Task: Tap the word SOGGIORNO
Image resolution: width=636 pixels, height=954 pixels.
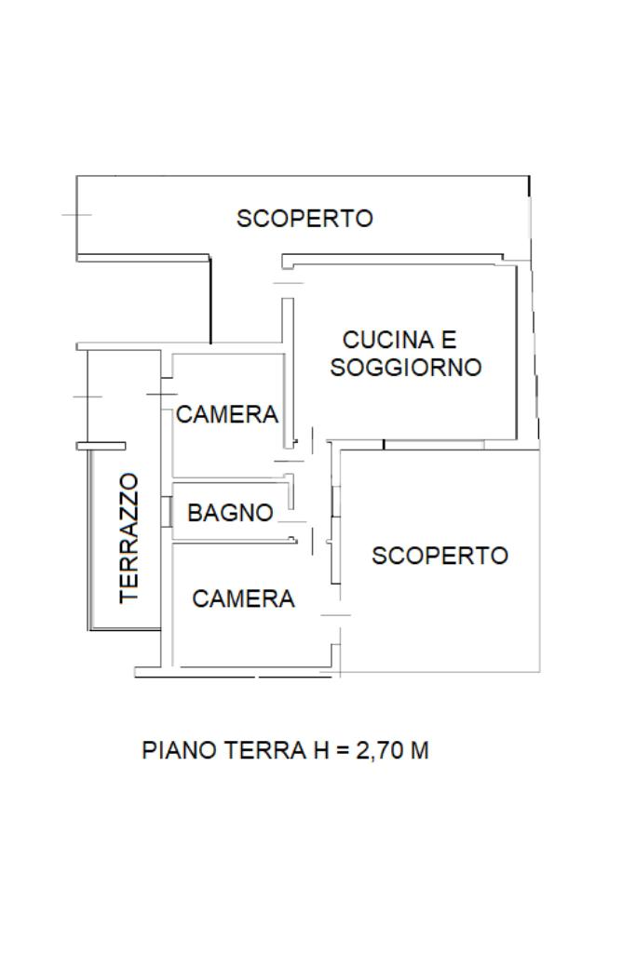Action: coord(406,368)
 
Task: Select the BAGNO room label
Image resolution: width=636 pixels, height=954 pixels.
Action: coord(230,513)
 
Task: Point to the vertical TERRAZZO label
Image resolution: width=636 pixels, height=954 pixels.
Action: coord(129,539)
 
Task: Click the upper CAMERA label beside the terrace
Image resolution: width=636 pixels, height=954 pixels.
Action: coord(227,415)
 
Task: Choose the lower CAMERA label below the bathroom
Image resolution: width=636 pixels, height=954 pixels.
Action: coord(243,599)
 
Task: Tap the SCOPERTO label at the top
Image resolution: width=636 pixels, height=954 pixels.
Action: coord(304,219)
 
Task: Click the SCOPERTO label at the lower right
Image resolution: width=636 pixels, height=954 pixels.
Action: coord(440,556)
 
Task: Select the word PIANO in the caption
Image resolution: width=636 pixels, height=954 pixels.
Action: coord(180,750)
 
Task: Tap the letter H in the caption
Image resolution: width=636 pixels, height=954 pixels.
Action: coord(321,750)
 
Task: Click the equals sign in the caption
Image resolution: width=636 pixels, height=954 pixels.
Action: coord(343,751)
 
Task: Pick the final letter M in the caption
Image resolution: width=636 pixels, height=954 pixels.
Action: coord(420,750)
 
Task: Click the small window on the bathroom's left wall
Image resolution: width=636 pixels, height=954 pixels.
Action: coord(166,512)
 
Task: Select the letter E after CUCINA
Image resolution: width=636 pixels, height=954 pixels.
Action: coord(448,340)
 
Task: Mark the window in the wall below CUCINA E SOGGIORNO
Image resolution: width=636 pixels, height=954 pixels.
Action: coord(434,445)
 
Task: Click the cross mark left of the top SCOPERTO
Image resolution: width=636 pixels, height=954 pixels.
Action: coord(76,215)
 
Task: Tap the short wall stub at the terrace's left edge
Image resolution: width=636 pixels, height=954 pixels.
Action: coord(101,446)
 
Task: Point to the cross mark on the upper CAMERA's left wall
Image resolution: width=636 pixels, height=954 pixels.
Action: coord(162,395)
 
